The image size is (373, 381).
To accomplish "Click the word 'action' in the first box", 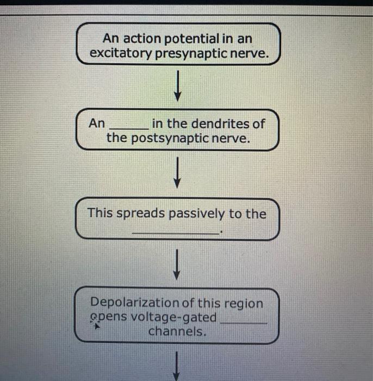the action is coord(142,39).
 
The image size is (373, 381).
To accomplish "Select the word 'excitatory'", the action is coord(121,53).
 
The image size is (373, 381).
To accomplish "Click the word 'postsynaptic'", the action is coord(170,139).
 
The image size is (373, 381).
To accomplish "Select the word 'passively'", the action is coord(197,214).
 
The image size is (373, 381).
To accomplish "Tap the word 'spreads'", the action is coord(140,213).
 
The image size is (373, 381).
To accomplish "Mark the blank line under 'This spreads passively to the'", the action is coord(176,233).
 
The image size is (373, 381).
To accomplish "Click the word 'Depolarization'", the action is coord(135,303).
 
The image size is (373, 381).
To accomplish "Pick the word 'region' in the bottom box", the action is coord(244,304).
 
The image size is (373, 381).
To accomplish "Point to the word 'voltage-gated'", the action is coord(172,317).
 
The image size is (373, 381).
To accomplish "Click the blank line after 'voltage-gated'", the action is coord(244,323).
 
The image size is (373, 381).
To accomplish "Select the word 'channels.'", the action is coord(177,331).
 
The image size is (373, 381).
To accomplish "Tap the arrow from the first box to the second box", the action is coord(178,86).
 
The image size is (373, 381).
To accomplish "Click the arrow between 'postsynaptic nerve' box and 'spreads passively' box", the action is coord(177,173).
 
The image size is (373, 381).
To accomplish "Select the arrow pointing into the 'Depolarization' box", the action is coord(177,265).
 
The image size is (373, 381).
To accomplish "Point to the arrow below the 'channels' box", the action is coord(176,366).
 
